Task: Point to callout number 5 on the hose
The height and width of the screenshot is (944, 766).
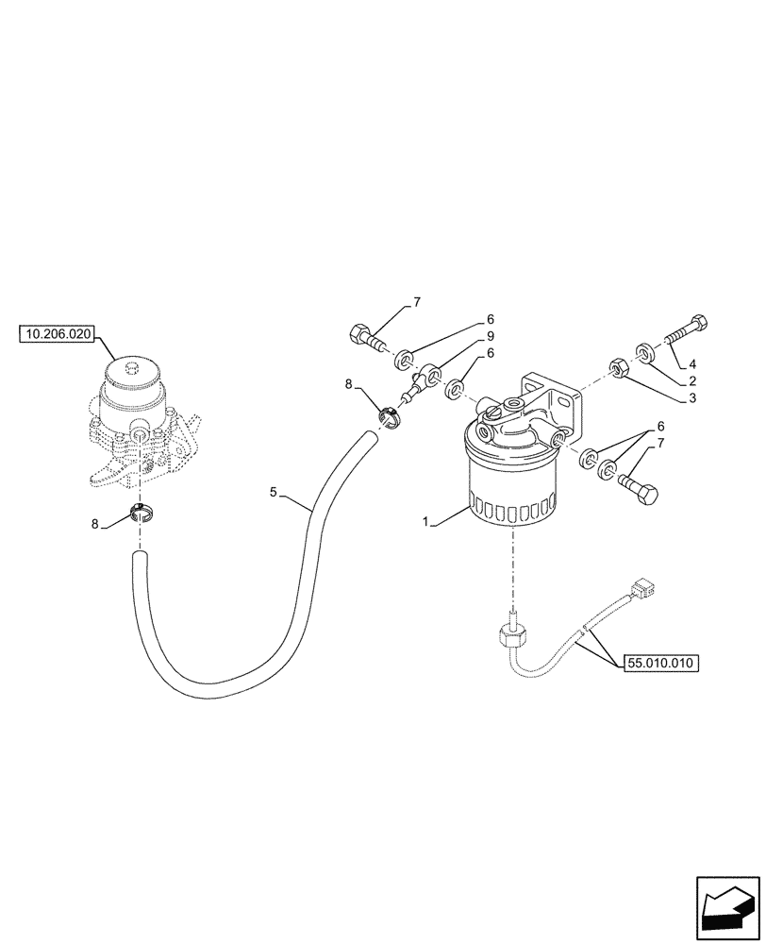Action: pyautogui.click(x=274, y=492)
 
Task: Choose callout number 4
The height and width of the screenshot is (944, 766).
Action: pyautogui.click(x=692, y=363)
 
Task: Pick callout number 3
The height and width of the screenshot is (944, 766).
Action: pyautogui.click(x=692, y=398)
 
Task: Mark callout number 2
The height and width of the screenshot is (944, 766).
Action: pyautogui.click(x=692, y=380)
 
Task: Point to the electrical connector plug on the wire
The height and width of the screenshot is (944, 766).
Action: pyautogui.click(x=642, y=589)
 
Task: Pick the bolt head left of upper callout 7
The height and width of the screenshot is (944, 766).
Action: pyautogui.click(x=360, y=332)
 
